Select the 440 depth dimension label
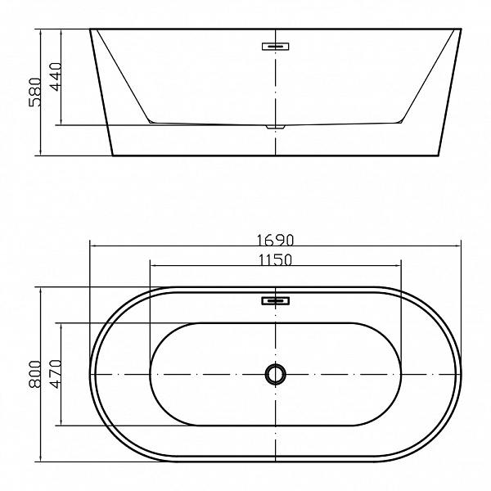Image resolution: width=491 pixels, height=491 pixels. [55, 77]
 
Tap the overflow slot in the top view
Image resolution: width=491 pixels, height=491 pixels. [276, 301]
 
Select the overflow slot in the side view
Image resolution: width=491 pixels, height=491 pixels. [276, 46]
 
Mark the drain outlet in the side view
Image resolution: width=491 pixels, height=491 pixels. [275, 128]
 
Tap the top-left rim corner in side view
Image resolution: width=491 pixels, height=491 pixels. [89, 29]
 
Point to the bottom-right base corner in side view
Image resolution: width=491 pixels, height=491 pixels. [442, 155]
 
